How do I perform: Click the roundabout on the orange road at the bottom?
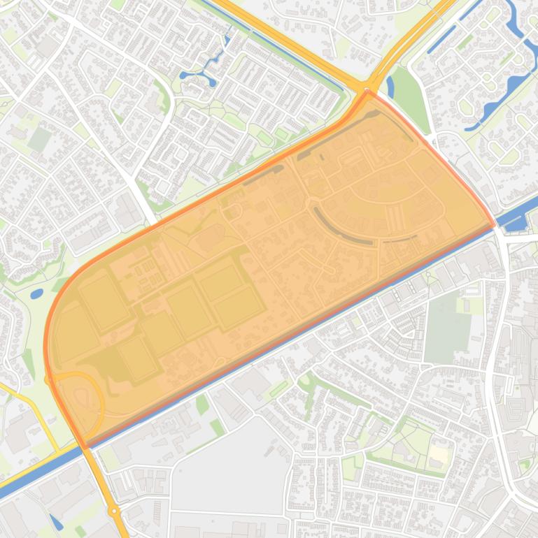pos(114,511)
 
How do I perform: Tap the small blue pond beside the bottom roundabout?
pos(57,521)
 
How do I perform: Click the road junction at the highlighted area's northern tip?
pos(367,91)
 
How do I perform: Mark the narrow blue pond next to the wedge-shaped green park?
pos(390,86)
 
